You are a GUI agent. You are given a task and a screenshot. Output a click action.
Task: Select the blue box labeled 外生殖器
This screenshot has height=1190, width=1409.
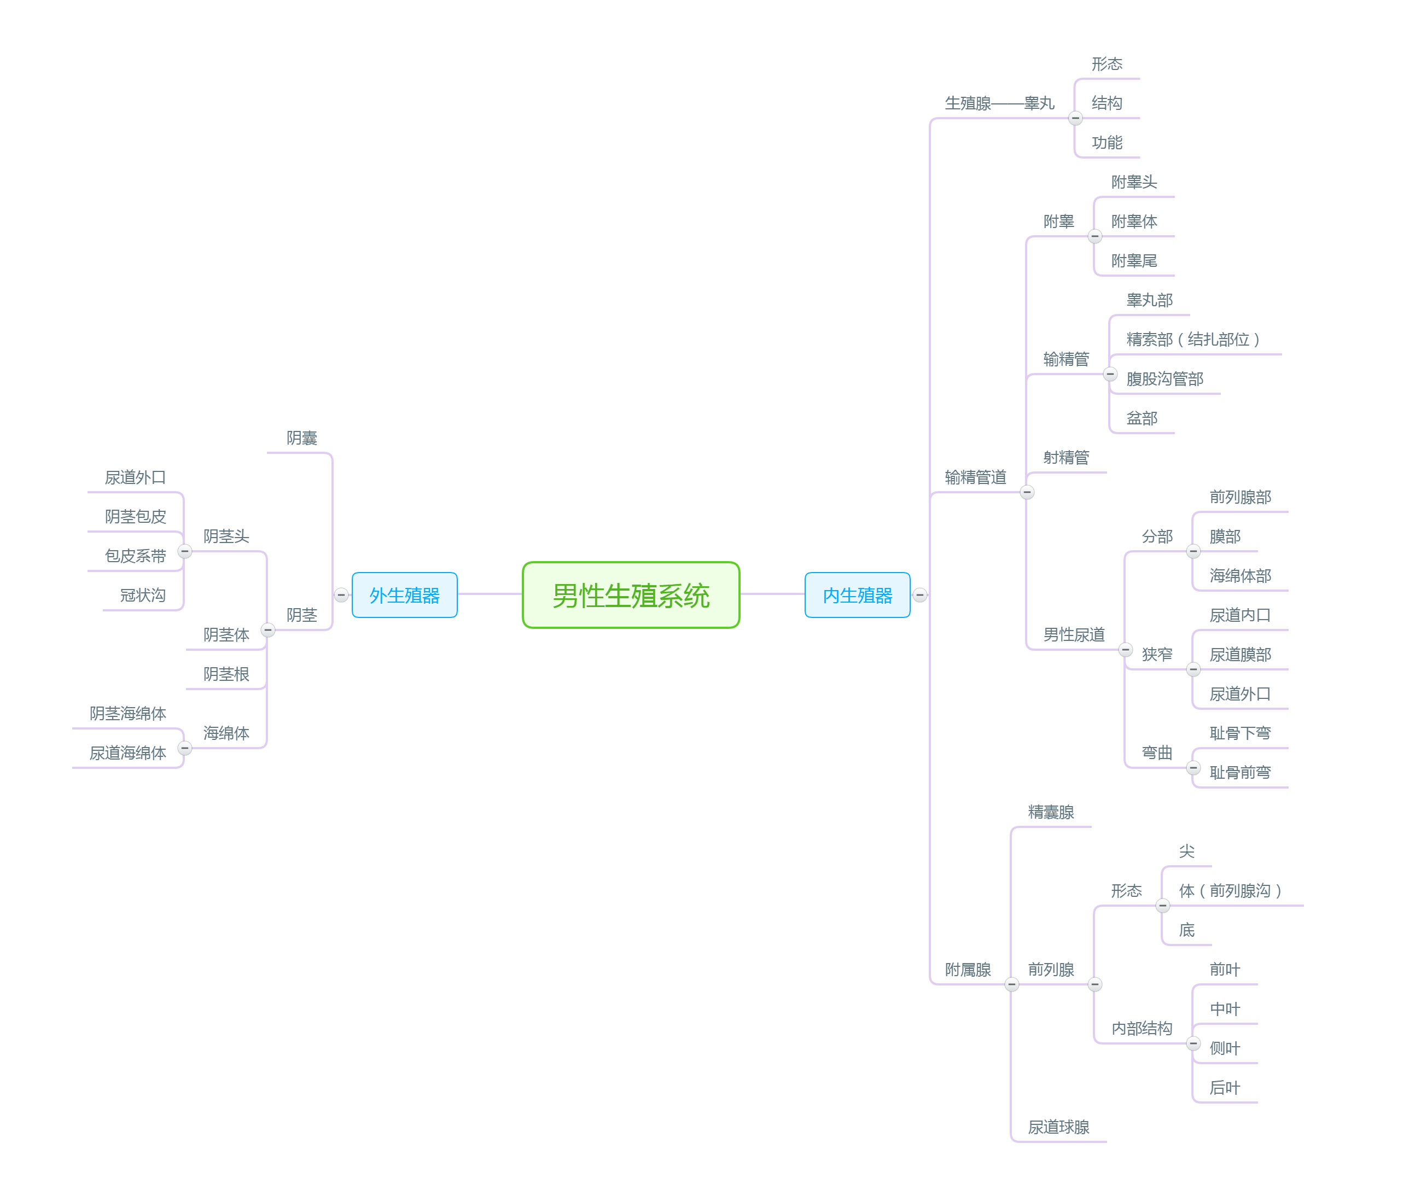(404, 595)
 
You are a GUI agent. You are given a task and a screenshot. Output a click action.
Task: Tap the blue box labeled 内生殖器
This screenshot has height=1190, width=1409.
(857, 595)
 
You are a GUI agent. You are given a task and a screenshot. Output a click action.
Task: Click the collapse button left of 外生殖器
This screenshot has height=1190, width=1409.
(341, 595)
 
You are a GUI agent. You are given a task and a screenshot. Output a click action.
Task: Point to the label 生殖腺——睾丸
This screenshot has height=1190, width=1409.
(999, 103)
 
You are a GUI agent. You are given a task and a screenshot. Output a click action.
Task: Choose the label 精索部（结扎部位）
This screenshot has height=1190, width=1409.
(1192, 339)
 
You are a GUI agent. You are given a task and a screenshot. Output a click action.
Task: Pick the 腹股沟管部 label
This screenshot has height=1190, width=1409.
(1164, 378)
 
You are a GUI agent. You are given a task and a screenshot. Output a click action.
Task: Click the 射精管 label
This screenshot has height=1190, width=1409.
(1066, 457)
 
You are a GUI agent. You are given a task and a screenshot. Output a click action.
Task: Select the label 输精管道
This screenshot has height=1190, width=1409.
(975, 477)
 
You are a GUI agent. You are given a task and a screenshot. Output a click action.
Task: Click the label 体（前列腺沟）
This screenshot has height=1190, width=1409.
(1230, 890)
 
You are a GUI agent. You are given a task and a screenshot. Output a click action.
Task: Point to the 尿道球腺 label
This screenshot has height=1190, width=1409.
(1058, 1127)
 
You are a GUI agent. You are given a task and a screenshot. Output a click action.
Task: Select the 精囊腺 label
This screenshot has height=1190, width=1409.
(1051, 812)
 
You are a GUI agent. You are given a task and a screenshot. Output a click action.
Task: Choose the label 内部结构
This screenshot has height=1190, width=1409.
(1141, 1028)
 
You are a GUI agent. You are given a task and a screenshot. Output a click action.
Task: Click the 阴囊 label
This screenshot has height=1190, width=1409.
(301, 438)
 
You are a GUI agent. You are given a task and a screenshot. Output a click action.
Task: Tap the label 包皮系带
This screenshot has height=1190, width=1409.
(135, 556)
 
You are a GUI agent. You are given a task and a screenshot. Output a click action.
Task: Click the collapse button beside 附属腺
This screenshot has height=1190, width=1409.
(1011, 984)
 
